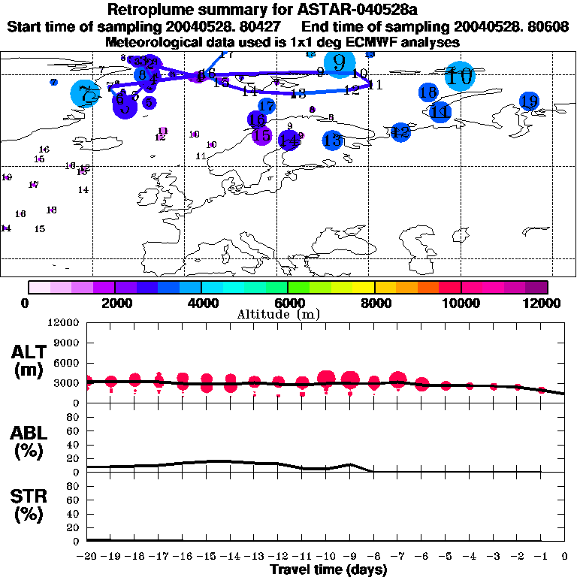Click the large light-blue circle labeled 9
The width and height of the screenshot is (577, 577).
[x=340, y=63]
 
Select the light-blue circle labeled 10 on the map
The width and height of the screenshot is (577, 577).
[x=459, y=76]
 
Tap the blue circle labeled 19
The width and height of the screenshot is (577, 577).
[x=529, y=101]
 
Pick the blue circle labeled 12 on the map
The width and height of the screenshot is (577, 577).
[x=400, y=132]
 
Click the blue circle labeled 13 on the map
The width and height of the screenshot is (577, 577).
[x=332, y=140]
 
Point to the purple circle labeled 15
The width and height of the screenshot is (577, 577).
[x=261, y=136]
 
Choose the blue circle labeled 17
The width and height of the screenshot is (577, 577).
[x=266, y=107]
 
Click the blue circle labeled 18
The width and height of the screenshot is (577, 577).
[x=428, y=92]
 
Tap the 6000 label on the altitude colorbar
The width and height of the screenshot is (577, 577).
[x=288, y=303]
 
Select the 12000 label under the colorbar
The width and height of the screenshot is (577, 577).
[x=543, y=303]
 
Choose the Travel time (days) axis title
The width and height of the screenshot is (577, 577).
[x=328, y=570]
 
